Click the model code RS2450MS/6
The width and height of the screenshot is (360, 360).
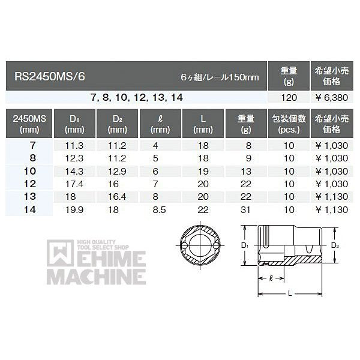coord(50,76)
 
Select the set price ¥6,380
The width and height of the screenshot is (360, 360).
coord(332,98)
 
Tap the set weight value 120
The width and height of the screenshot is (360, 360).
coord(289,98)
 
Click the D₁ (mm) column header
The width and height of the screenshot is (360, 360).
coord(74,124)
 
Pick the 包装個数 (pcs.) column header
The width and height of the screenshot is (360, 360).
coord(289,124)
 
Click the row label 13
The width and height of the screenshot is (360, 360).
coord(30,197)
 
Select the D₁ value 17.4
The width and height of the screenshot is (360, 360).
coord(74,184)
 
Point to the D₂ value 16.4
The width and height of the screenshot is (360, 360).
coord(117,197)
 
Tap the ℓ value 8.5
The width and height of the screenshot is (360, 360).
coord(160,210)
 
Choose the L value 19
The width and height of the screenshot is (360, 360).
coord(203,171)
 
